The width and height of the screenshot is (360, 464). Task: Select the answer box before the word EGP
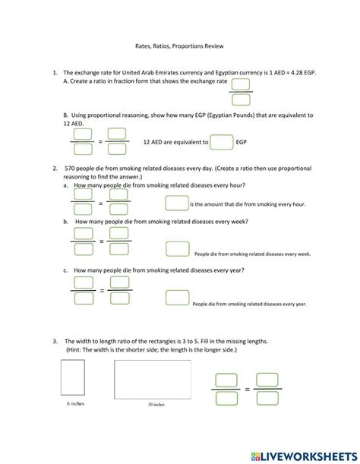point(221,142)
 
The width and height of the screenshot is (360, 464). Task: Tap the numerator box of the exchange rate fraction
point(242,84)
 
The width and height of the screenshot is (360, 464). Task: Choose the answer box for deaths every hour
point(176,204)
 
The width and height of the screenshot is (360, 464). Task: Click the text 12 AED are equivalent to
point(175,142)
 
